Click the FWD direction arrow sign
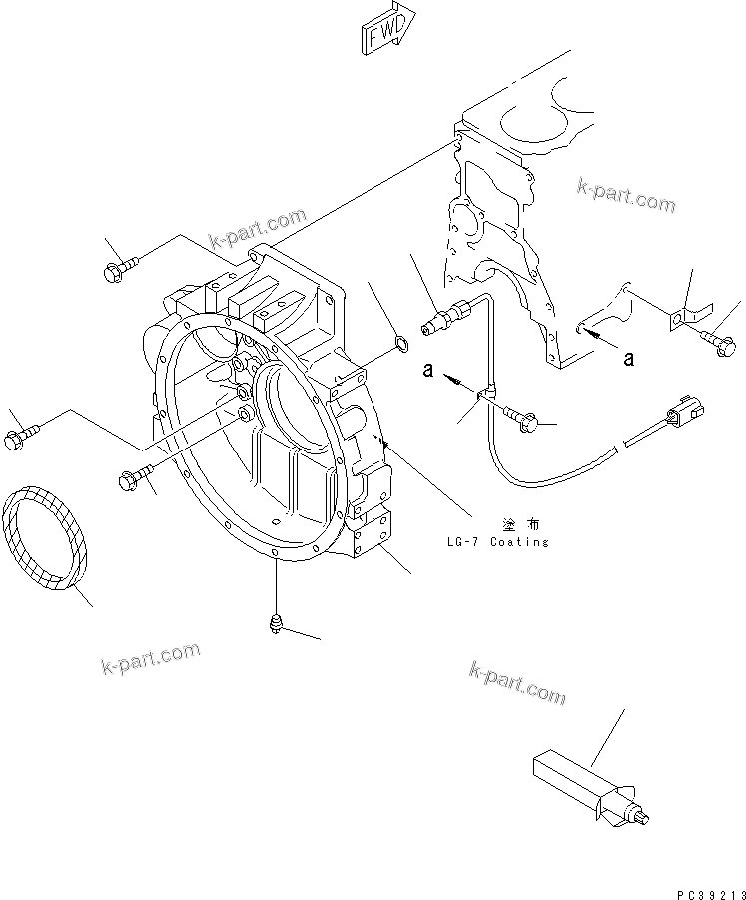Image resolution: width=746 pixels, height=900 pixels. pyautogui.click(x=384, y=29)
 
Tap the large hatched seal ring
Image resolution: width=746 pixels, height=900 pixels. pyautogui.click(x=46, y=537)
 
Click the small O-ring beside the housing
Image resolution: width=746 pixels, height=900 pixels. pyautogui.click(x=399, y=346)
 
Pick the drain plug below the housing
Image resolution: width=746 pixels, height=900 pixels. pyautogui.click(x=275, y=624)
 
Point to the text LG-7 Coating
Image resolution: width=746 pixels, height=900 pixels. pyautogui.click(x=498, y=542)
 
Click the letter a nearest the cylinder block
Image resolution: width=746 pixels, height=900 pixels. pyautogui.click(x=629, y=356)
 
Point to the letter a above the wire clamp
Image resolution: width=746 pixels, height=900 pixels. pyautogui.click(x=426, y=371)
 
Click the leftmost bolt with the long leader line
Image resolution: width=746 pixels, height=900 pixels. pyautogui.click(x=17, y=437)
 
